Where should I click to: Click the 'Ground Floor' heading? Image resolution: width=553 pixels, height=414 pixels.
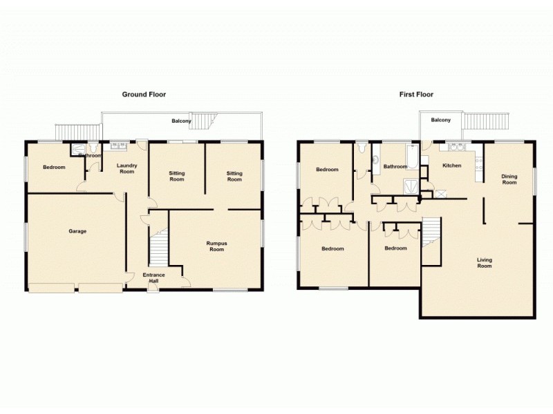coord(144,95)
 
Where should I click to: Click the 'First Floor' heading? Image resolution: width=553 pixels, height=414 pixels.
coord(416,95)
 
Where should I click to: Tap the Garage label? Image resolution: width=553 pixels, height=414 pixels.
coord(77,231)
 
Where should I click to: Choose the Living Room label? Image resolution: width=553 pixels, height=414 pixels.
coord(484,263)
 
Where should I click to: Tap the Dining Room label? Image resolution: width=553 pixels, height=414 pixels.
coord(509,179)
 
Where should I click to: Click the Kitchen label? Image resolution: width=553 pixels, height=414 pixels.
coord(451,166)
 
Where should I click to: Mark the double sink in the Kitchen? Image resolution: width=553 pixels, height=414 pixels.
coord(457,146)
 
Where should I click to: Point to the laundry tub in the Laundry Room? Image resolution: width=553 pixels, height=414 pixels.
coord(117,146)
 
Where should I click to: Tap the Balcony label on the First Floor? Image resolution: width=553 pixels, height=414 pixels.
coord(441,120)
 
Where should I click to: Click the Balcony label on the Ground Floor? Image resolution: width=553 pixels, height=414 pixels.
coord(181,121)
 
